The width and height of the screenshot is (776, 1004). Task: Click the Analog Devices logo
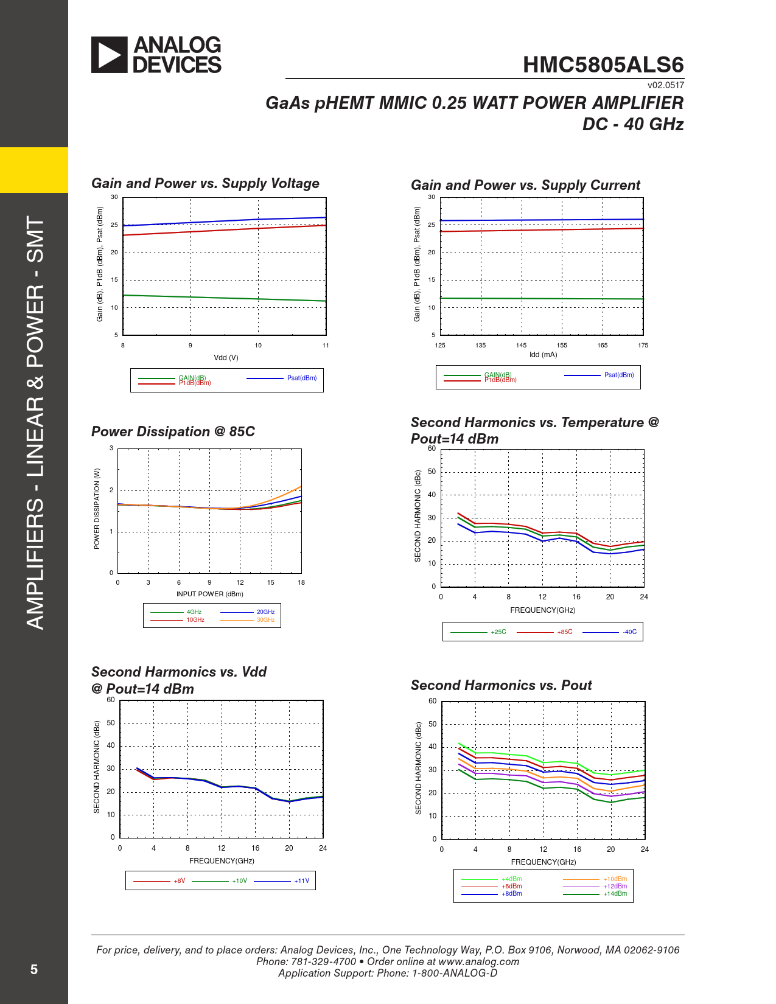[156, 55]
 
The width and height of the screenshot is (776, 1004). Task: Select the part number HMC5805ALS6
[603, 65]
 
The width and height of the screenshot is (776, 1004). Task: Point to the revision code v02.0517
[665, 85]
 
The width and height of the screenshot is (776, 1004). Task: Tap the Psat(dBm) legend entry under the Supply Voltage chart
[301, 378]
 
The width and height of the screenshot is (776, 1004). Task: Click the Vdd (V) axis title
[226, 358]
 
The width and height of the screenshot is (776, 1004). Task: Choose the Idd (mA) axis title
[543, 355]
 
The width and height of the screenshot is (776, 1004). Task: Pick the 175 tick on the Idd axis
[643, 345]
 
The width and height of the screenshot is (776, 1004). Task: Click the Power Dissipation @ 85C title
[173, 431]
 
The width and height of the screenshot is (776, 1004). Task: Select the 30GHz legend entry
[265, 620]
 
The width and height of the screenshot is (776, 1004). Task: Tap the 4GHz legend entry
[194, 612]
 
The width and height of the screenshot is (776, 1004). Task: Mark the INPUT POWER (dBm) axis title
[209, 594]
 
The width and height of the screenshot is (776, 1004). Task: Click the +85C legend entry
[565, 632]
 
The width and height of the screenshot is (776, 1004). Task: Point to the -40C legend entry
[629, 632]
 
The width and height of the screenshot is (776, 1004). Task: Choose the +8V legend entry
[179, 881]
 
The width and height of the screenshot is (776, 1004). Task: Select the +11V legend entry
[301, 881]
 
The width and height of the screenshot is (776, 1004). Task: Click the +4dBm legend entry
[511, 879]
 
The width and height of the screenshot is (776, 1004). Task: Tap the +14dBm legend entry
[615, 894]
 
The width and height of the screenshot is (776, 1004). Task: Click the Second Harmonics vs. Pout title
[501, 685]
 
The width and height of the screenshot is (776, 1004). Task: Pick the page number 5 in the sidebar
[34, 969]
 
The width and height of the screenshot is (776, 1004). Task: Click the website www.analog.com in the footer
[478, 961]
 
